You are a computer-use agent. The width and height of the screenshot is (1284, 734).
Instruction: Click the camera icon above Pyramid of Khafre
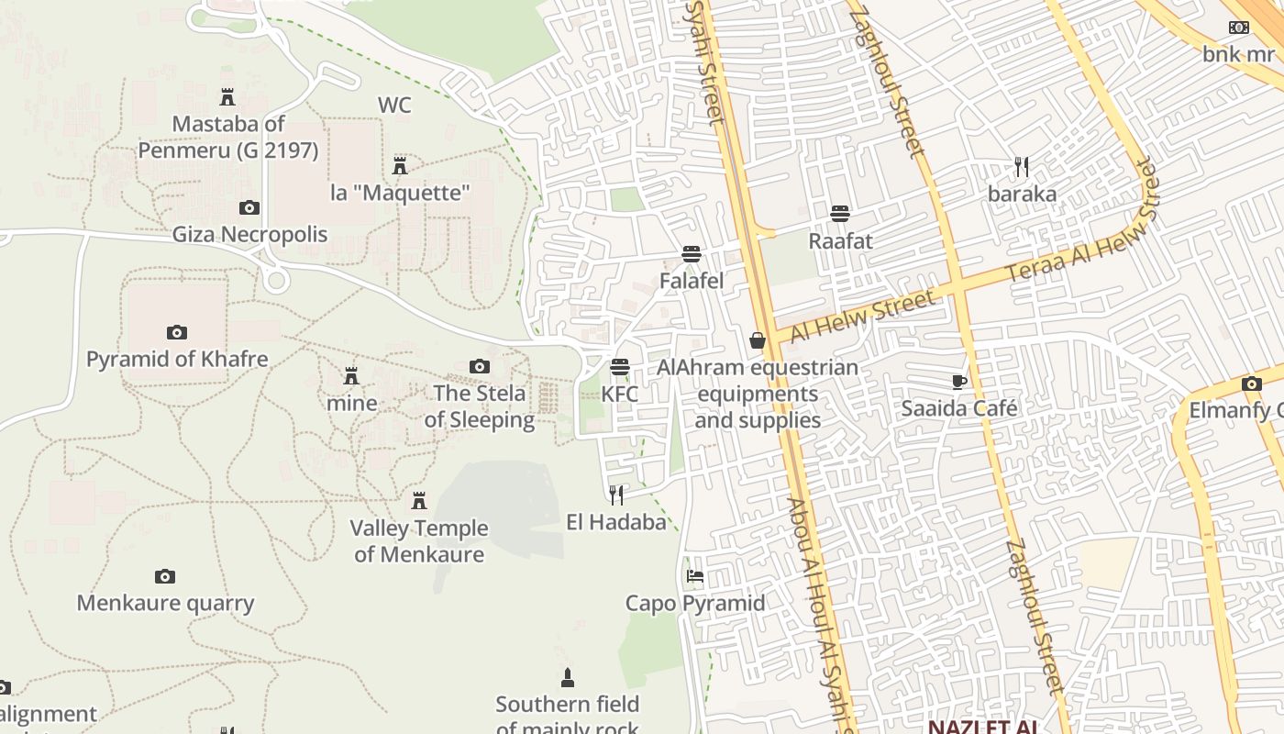pyautogui.click(x=177, y=332)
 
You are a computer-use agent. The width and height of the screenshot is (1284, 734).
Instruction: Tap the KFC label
pyautogui.click(x=619, y=394)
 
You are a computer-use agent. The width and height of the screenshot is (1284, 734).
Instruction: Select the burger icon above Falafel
pyautogui.click(x=692, y=254)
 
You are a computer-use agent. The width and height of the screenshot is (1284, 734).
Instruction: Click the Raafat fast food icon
pyautogui.click(x=839, y=214)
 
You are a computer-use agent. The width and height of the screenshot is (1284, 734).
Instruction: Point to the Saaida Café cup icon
pyautogui.click(x=959, y=382)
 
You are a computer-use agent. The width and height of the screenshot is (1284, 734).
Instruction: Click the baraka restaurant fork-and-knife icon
pyautogui.click(x=1022, y=167)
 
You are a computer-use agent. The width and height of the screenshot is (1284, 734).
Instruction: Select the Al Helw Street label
pyautogui.click(x=863, y=315)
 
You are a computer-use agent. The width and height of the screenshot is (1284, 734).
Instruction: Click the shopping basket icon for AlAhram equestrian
pyautogui.click(x=758, y=341)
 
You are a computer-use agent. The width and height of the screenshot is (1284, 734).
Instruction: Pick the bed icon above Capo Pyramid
pyautogui.click(x=695, y=576)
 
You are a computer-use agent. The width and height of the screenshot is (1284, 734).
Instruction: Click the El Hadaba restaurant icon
pyautogui.click(x=616, y=495)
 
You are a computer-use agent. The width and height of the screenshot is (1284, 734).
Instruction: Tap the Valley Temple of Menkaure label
pyautogui.click(x=419, y=541)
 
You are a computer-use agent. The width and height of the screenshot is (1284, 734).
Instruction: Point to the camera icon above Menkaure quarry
pyautogui.click(x=165, y=576)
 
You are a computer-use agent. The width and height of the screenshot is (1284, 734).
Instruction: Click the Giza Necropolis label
pyautogui.click(x=249, y=235)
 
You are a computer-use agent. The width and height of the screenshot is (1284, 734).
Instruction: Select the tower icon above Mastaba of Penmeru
pyautogui.click(x=227, y=96)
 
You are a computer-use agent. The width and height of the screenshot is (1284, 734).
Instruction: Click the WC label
pyautogui.click(x=394, y=106)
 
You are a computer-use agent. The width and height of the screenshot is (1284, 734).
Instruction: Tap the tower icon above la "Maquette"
pyautogui.click(x=400, y=166)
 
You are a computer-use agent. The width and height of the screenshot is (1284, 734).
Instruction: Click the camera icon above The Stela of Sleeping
pyautogui.click(x=479, y=367)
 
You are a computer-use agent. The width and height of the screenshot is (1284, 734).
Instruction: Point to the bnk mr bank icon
pyautogui.click(x=1239, y=28)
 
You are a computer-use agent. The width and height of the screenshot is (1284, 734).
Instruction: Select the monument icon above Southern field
pyautogui.click(x=567, y=678)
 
